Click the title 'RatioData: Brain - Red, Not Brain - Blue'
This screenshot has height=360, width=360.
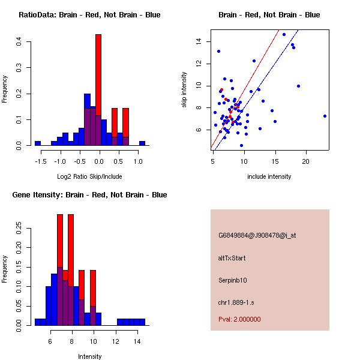tap(89, 15)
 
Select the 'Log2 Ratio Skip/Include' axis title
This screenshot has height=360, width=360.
tap(89, 176)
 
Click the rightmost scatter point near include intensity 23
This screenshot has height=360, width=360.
tap(325, 116)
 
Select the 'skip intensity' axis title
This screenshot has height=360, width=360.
tap(184, 90)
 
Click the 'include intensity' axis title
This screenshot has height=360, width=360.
tap(269, 176)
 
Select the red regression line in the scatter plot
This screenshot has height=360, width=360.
tap(252, 72)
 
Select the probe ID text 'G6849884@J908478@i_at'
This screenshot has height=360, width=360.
tap(257, 235)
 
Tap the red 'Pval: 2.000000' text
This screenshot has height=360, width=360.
tap(239, 319)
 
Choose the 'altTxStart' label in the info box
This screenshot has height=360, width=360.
tap(232, 258)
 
